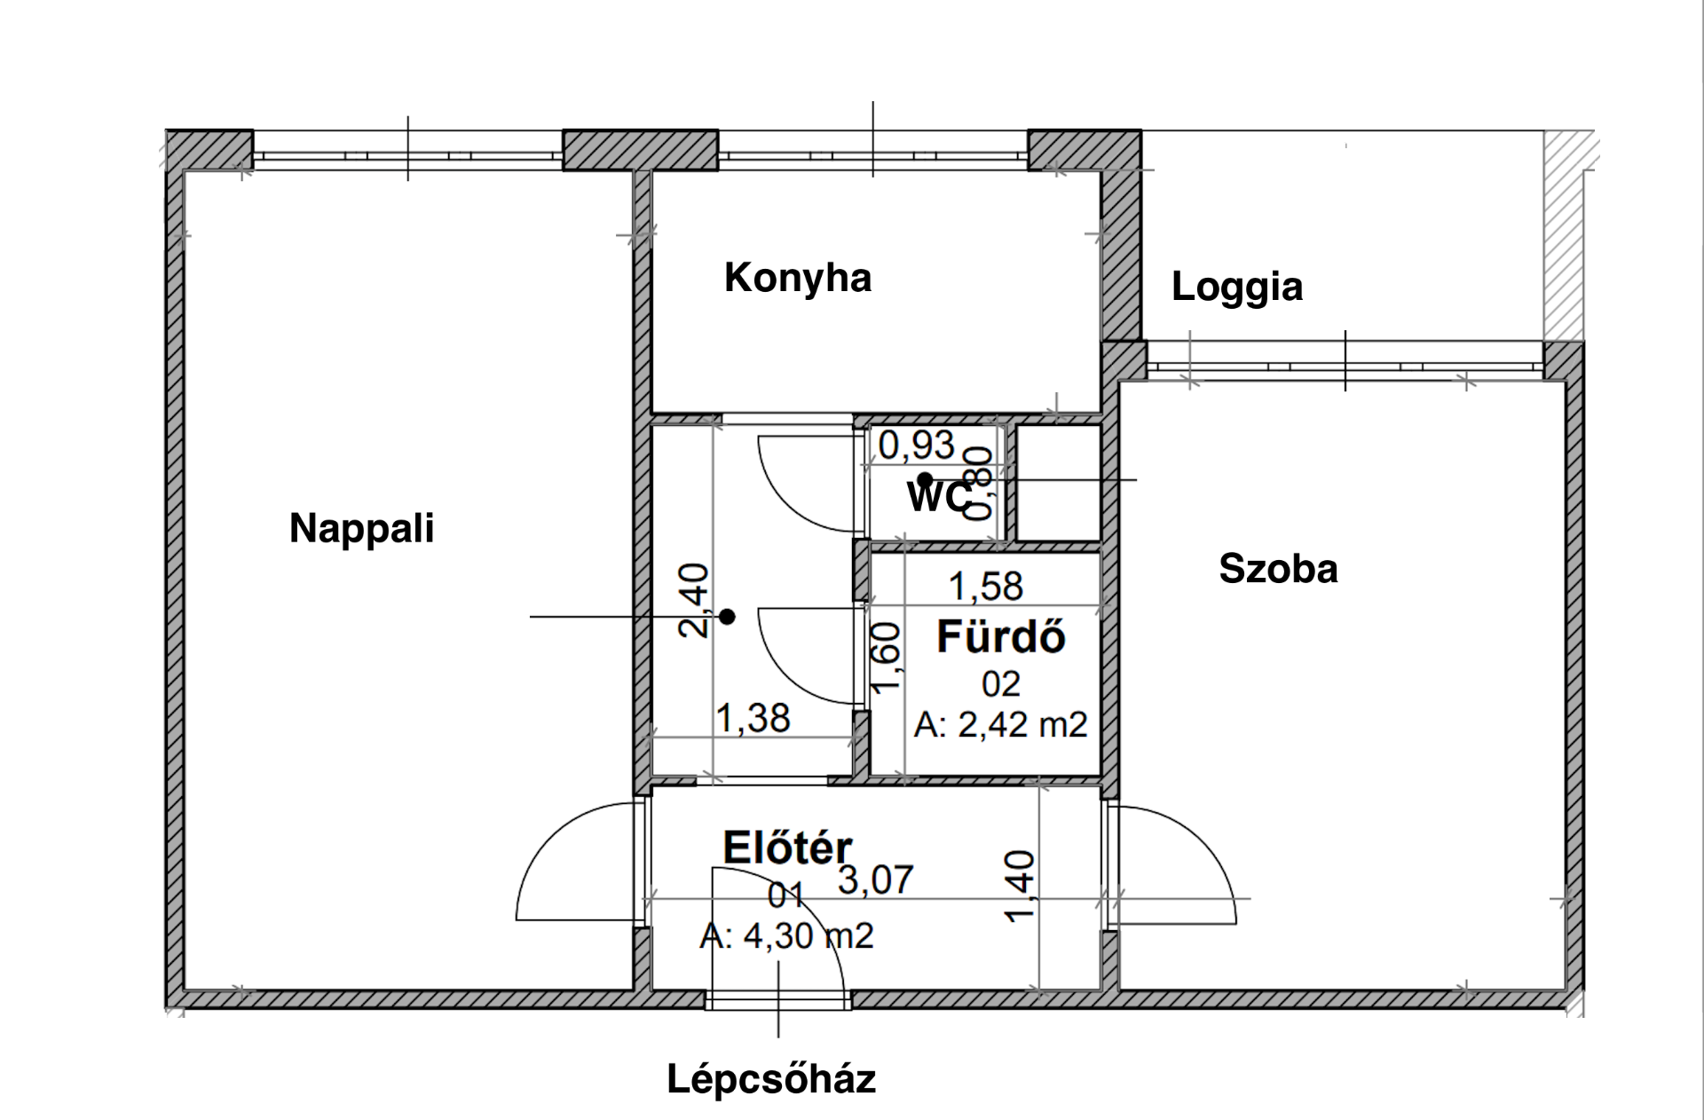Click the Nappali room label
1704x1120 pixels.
coord(362,528)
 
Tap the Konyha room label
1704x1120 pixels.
coord(798,278)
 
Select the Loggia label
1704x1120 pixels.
coord(1237,288)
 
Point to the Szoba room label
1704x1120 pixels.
coord(1278,568)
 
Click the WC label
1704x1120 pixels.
coord(939,497)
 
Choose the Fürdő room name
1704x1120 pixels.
coord(1001,636)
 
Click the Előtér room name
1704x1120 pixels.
coord(787,847)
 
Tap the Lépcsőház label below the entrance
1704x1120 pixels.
coord(771,1079)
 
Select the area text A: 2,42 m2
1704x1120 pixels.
coord(1000,725)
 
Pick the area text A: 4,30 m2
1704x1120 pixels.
coord(786,935)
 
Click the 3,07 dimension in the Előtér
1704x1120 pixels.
coord(876,879)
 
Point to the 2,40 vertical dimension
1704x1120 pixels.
coord(694,601)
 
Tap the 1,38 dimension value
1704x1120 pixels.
coord(753,718)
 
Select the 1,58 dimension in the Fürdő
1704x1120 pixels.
coord(986,587)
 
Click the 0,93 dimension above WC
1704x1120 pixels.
coord(917,445)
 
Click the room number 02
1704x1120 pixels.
coord(1001,684)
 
